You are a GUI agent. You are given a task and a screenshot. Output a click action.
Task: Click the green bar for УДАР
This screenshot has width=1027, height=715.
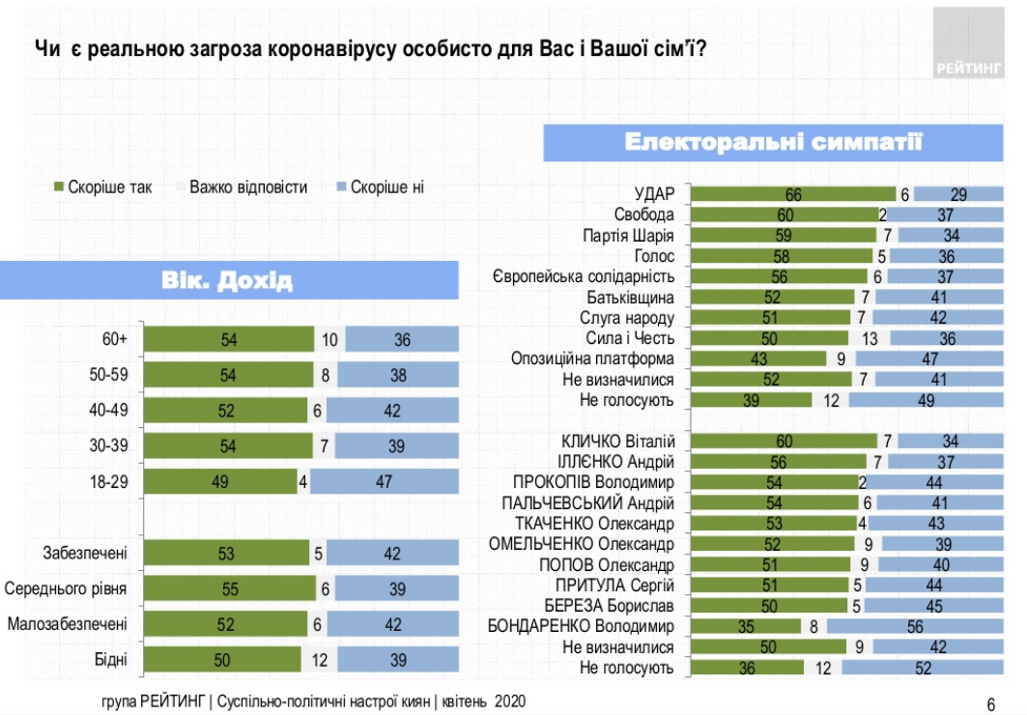(792, 193)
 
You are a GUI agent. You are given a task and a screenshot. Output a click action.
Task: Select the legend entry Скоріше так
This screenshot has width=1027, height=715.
(101, 186)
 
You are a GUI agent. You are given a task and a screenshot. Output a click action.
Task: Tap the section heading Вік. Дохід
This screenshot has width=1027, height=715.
(227, 281)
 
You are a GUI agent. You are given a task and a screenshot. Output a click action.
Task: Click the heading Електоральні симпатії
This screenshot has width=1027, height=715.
(773, 143)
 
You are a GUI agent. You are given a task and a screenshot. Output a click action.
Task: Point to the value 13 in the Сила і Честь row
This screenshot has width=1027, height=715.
(869, 338)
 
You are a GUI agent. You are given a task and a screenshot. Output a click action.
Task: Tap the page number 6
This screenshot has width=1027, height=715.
(990, 702)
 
